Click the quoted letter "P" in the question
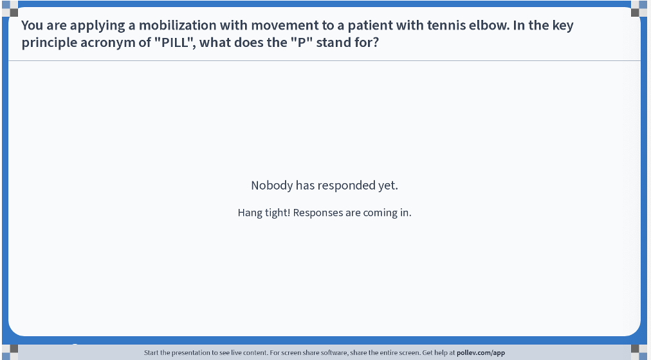pyautogui.click(x=302, y=42)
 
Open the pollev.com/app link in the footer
pyautogui.click(x=481, y=353)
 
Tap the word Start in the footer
pyautogui.click(x=151, y=353)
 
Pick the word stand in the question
pyautogui.click(x=332, y=42)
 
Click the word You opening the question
pyautogui.click(x=32, y=25)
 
